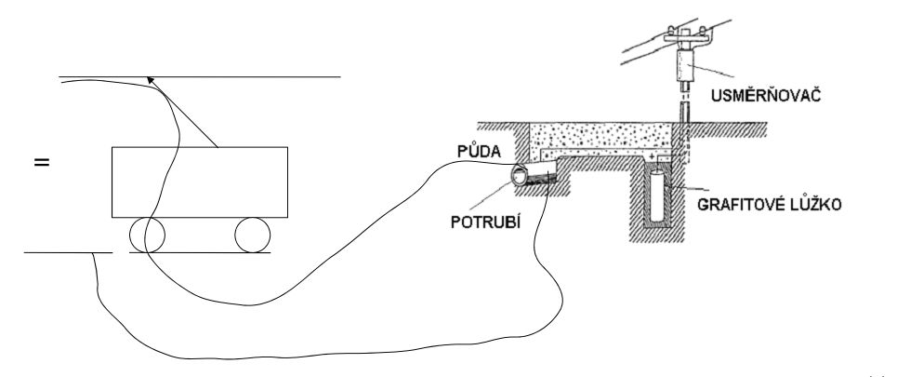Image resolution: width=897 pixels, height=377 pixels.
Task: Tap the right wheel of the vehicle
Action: click(251, 235)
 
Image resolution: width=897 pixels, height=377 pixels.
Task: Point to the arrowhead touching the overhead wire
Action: click(154, 83)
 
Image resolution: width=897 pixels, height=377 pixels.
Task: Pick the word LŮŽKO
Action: click(814, 203)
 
